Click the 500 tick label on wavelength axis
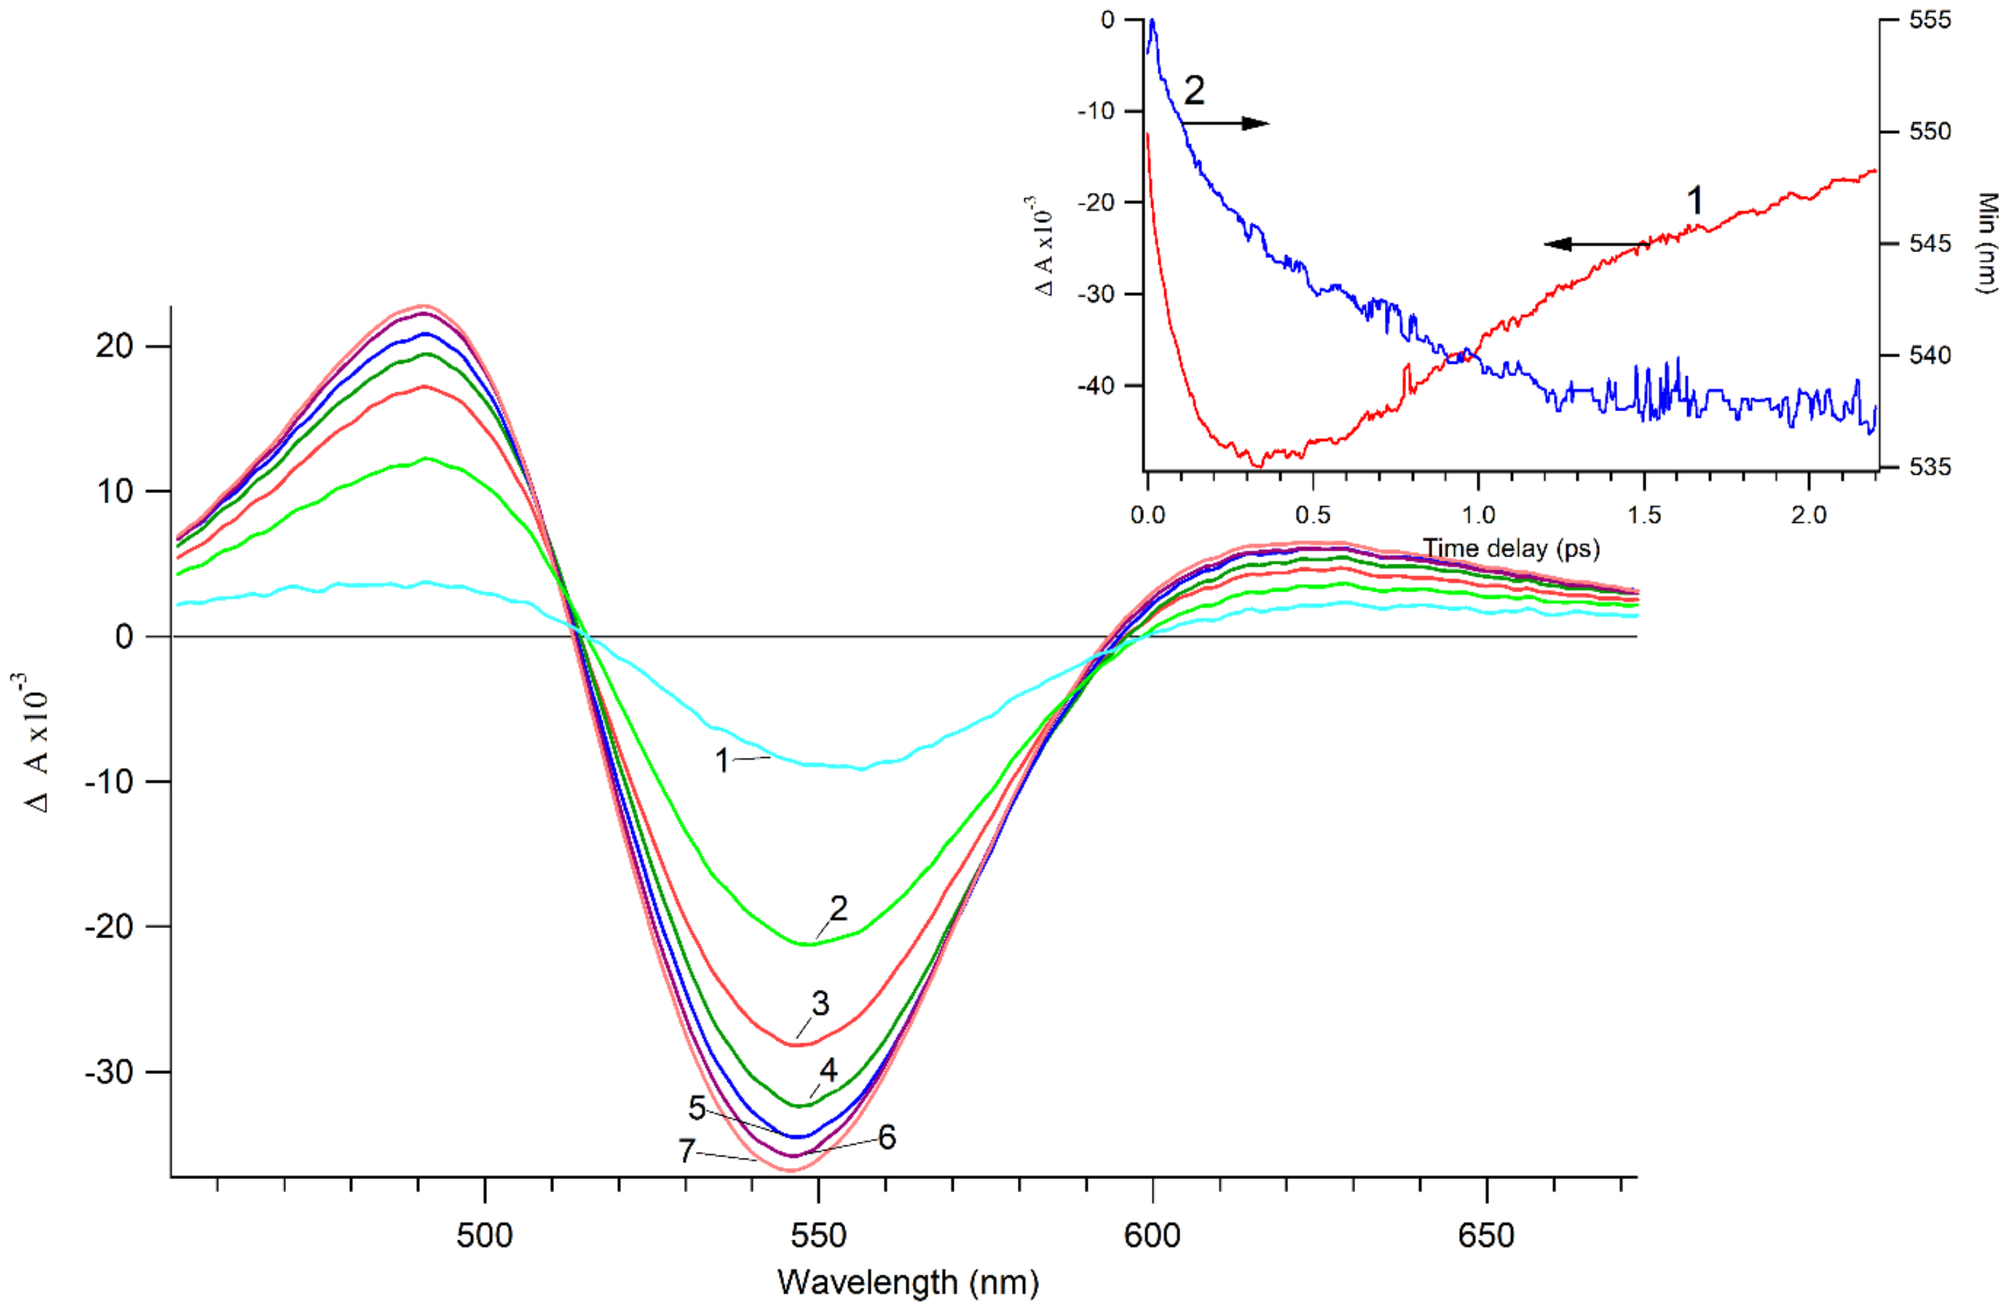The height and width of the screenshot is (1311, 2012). click(485, 1236)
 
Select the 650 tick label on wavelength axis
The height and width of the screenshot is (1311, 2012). click(1485, 1236)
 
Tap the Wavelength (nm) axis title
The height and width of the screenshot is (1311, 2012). click(907, 1282)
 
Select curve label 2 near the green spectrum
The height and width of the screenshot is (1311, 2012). click(838, 908)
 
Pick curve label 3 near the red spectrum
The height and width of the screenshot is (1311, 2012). click(820, 1003)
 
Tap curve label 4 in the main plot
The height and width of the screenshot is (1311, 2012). click(828, 1070)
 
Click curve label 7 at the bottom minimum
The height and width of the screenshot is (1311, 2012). click(687, 1151)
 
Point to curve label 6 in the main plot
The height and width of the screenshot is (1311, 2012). click(887, 1138)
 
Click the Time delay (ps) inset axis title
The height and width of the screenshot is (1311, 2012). click(1511, 548)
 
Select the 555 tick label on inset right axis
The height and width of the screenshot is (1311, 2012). click(1930, 19)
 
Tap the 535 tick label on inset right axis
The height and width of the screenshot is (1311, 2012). click(1930, 467)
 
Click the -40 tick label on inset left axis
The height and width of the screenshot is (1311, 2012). click(1097, 386)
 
